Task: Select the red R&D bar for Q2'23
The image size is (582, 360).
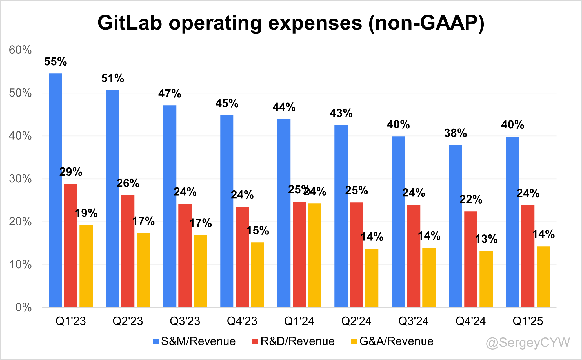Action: (x=128, y=251)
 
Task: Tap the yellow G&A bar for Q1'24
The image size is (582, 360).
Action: (x=314, y=255)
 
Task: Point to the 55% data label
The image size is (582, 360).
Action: (x=55, y=62)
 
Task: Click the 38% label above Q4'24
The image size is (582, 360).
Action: (x=456, y=133)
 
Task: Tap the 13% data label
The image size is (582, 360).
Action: (x=486, y=239)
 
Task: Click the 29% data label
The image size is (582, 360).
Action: (x=71, y=172)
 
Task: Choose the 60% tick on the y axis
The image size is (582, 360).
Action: (x=20, y=50)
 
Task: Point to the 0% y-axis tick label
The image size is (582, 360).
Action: (x=23, y=307)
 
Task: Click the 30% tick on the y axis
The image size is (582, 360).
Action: (x=20, y=179)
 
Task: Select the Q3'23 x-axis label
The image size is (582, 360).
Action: (x=185, y=321)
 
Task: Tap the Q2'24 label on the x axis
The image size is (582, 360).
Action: (x=356, y=321)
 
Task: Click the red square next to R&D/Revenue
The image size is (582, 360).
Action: (x=255, y=341)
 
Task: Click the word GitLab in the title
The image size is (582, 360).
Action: (x=130, y=23)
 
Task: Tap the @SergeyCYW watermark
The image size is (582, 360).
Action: (x=528, y=343)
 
